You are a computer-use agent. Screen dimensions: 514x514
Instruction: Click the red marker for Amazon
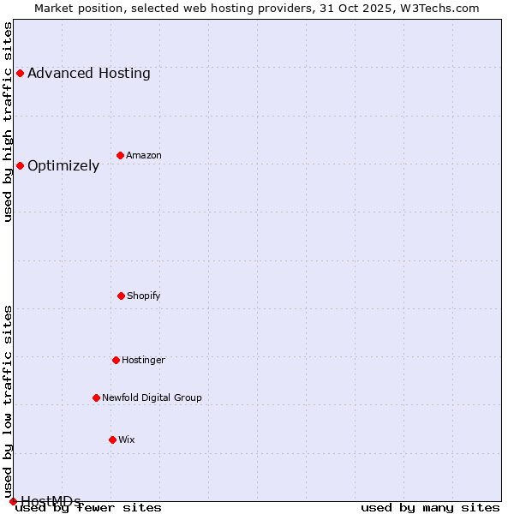pyautogui.click(x=120, y=155)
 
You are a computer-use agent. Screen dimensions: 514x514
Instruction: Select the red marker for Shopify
pyautogui.click(x=121, y=296)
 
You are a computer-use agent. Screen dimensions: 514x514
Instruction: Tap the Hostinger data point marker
pyautogui.click(x=116, y=360)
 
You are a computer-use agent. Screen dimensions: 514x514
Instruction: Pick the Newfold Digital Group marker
pyautogui.click(x=96, y=397)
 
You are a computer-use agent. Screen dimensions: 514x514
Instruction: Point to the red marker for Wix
pyautogui.click(x=112, y=439)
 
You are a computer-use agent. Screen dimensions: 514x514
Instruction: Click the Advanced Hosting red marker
pyautogui.click(x=20, y=73)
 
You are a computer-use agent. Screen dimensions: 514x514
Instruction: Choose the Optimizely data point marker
pyautogui.click(x=20, y=165)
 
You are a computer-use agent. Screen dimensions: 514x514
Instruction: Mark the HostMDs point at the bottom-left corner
pyautogui.click(x=13, y=501)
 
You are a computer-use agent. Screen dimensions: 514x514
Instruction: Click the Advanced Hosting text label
pyautogui.click(x=89, y=74)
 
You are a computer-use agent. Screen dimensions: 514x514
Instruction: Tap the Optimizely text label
pyautogui.click(x=63, y=166)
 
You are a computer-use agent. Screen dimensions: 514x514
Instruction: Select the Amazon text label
pyautogui.click(x=144, y=156)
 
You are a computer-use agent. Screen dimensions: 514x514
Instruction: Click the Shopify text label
pyautogui.click(x=144, y=296)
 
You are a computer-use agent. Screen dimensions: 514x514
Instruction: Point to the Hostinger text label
pyautogui.click(x=143, y=361)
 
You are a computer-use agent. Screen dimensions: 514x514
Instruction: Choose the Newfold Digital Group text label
pyautogui.click(x=152, y=398)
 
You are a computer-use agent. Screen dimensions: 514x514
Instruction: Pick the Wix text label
pyautogui.click(x=127, y=440)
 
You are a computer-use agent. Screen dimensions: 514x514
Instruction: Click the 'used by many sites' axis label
pyautogui.click(x=430, y=508)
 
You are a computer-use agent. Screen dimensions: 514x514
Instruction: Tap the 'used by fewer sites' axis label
pyautogui.click(x=89, y=508)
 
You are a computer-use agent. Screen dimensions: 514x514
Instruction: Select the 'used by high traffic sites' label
pyautogui.click(x=9, y=122)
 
